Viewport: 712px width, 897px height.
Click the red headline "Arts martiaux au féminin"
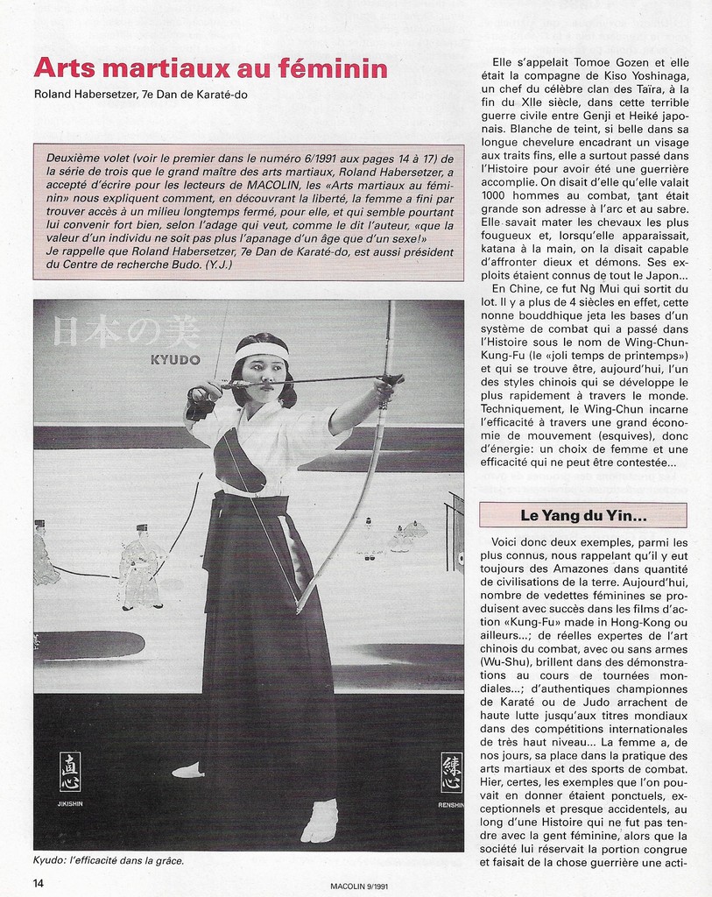210,68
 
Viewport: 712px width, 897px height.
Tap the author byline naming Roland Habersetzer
140,95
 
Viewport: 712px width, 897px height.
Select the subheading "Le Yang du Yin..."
582,515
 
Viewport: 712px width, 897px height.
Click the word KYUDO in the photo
175,360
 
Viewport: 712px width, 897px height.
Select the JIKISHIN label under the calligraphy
69,802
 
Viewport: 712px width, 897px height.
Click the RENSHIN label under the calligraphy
450,803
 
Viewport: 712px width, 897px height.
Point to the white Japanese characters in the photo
126,331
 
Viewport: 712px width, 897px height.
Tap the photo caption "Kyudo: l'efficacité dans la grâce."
109,860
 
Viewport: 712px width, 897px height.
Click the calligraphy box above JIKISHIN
69,771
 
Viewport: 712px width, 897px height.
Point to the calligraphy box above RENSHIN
451,771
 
